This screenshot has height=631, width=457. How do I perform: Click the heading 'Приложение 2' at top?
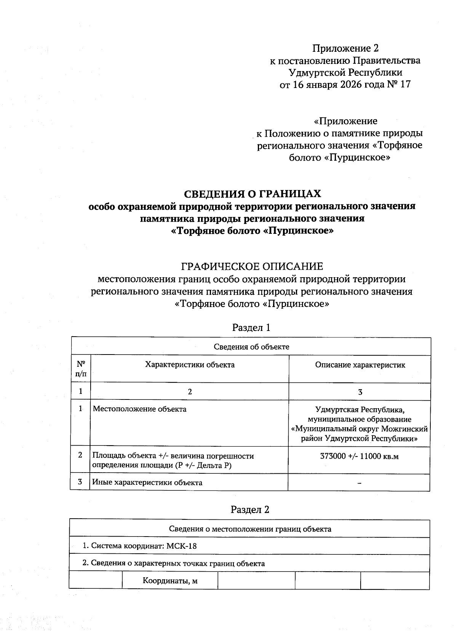[345, 48]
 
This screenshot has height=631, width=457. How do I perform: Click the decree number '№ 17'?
[399, 84]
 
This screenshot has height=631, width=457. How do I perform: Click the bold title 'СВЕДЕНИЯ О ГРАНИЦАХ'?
[252, 194]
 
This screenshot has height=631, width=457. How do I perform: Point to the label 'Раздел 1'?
[251, 327]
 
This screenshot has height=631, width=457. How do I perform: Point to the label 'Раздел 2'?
[250, 510]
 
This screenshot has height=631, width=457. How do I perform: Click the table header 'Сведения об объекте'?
[251, 347]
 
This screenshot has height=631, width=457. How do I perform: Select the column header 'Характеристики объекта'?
[190, 365]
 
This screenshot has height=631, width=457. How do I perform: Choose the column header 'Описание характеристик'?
[360, 365]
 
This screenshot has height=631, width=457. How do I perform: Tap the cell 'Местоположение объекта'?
[140, 409]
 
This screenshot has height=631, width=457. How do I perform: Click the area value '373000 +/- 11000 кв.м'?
[360, 456]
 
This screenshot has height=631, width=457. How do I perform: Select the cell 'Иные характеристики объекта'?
[147, 482]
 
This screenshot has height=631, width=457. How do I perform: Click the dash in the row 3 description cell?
[359, 483]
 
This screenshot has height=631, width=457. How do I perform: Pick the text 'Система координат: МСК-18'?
[140, 546]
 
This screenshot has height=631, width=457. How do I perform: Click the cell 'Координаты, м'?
[170, 581]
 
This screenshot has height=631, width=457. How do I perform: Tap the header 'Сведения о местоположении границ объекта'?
[250, 529]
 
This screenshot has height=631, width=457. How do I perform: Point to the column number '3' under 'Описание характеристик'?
[360, 392]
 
